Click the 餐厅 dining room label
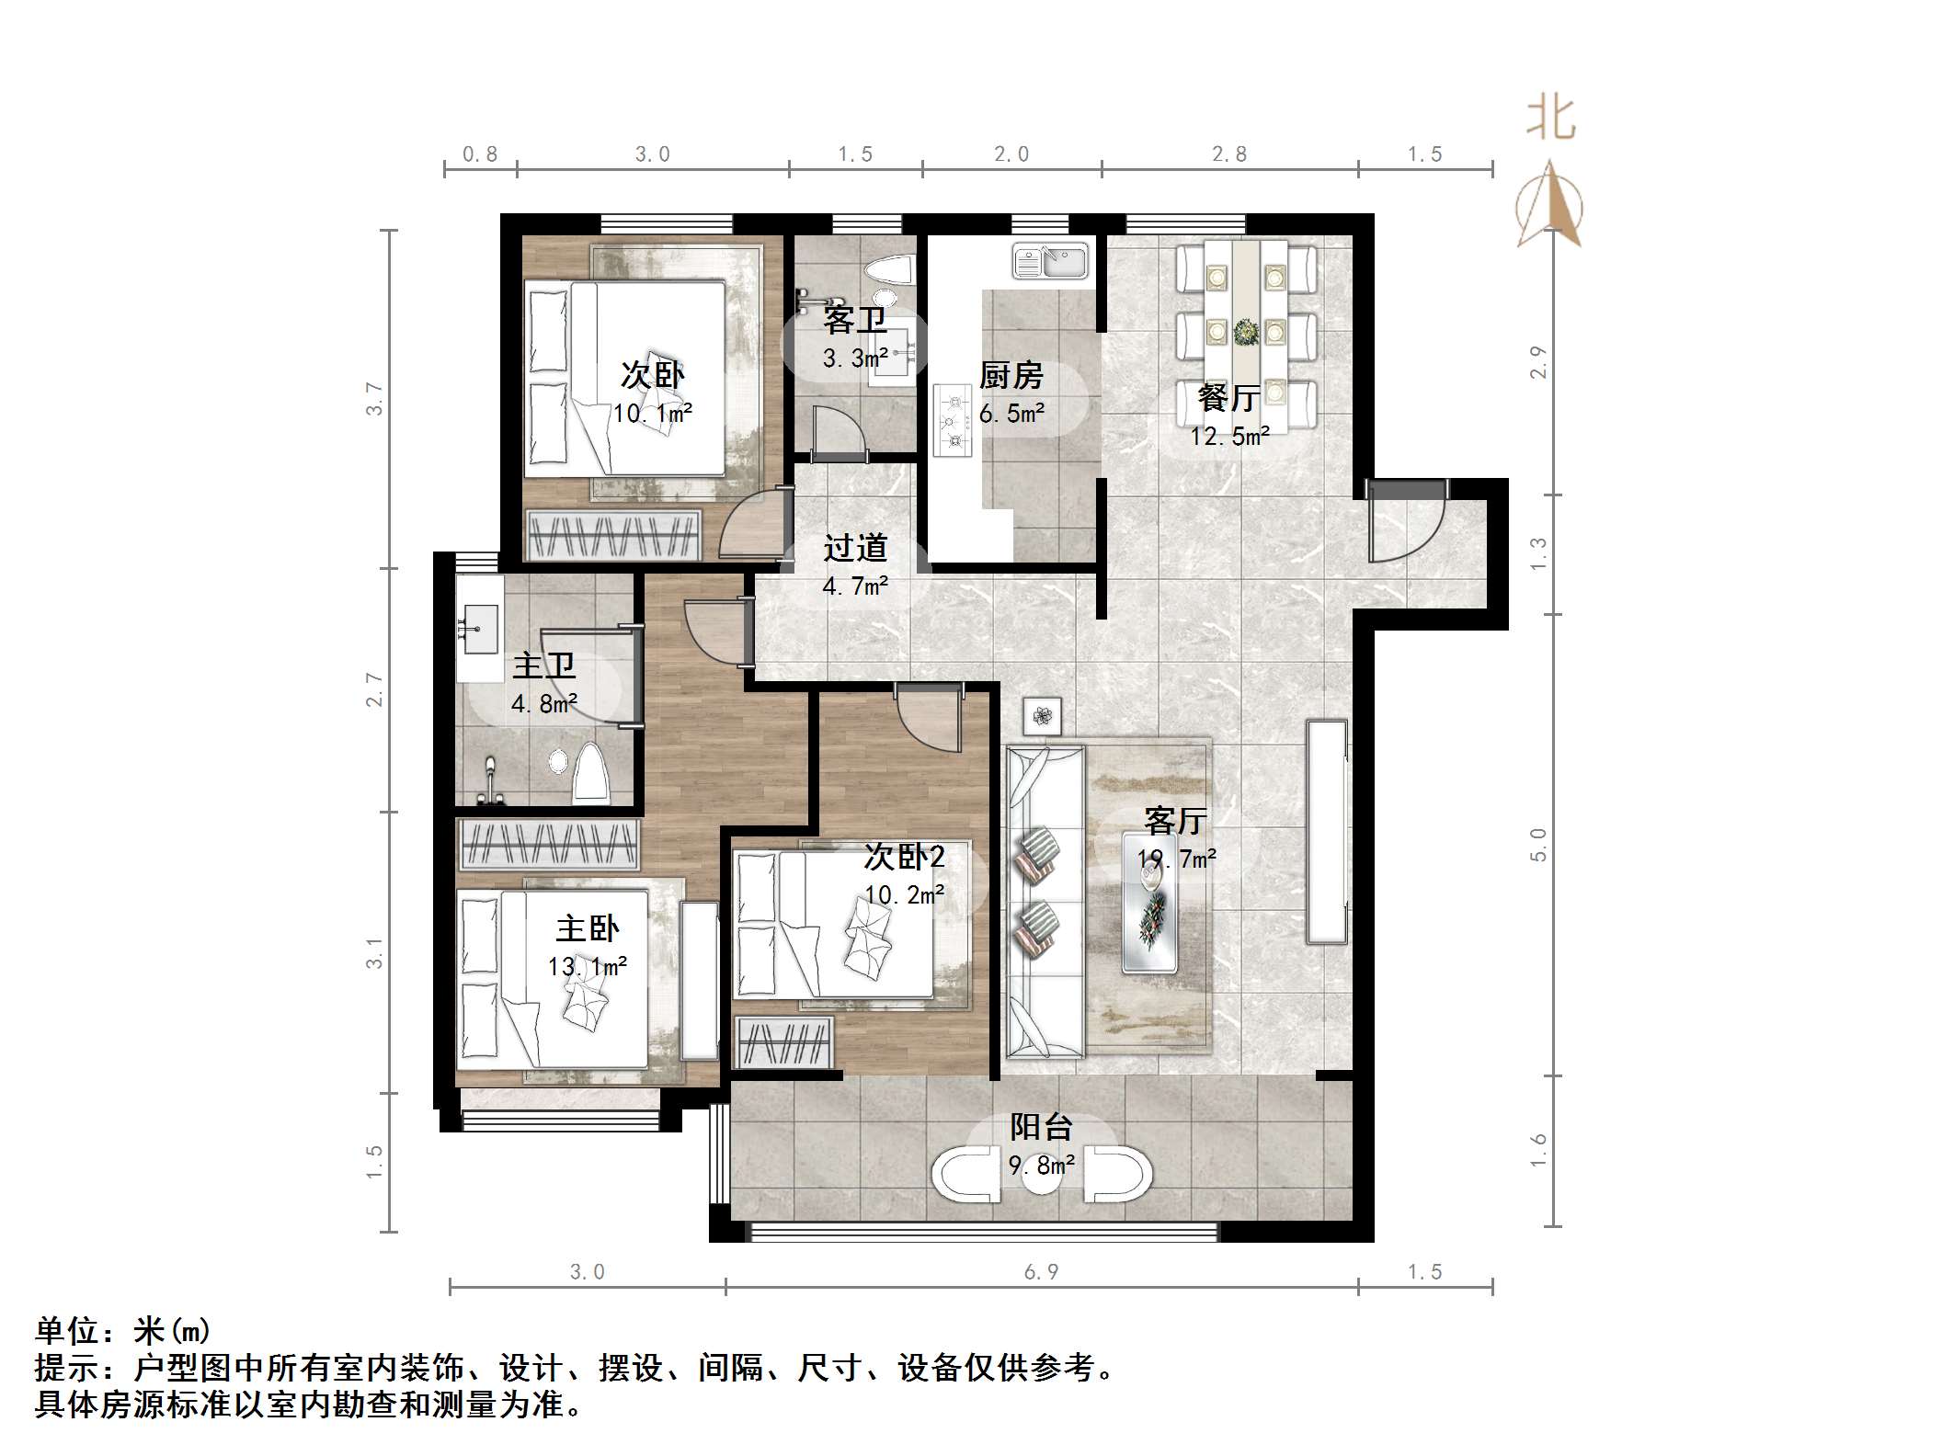[1228, 398]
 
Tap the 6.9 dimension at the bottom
[1041, 1272]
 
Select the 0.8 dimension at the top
[480, 154]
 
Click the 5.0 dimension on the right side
[1538, 844]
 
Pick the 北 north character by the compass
[1551, 119]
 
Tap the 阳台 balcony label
[1041, 1127]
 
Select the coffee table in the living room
[1150, 903]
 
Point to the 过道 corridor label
[855, 548]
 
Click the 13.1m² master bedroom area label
[588, 967]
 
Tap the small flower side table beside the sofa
[1042, 715]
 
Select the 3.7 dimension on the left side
[374, 398]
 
